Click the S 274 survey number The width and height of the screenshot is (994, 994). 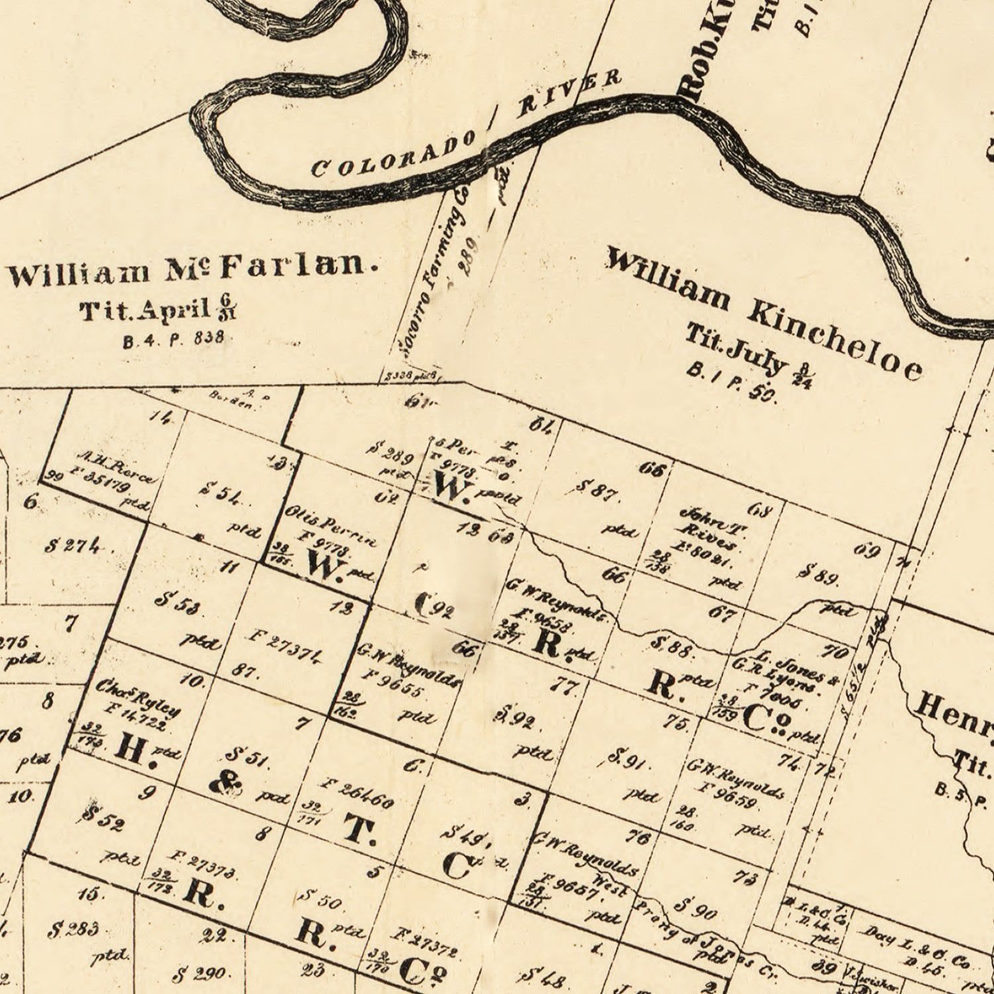pos(75,546)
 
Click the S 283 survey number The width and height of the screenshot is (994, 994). pos(73,928)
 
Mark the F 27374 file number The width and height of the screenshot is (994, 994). pos(286,647)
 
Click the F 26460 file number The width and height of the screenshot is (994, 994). pos(358,793)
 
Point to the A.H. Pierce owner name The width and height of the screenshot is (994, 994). pos(117,467)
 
